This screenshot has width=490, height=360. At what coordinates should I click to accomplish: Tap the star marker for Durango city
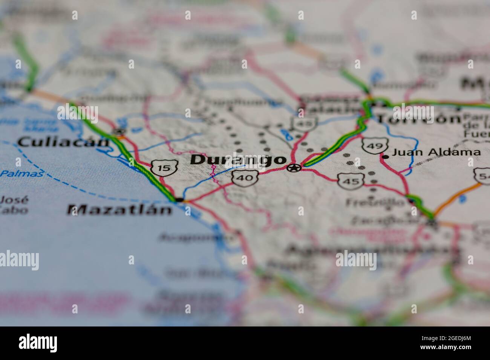pyautogui.click(x=294, y=168)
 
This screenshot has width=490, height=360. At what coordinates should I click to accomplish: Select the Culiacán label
pyautogui.click(x=63, y=142)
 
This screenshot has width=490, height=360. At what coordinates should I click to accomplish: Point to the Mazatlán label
pyautogui.click(x=119, y=209)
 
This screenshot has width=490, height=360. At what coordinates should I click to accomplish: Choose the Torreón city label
pyautogui.click(x=419, y=119)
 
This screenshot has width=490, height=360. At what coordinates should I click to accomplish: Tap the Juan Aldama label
pyautogui.click(x=436, y=153)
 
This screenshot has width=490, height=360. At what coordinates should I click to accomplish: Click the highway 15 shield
pyautogui.click(x=164, y=168)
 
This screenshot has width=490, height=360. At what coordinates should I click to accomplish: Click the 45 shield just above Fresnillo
pyautogui.click(x=351, y=181)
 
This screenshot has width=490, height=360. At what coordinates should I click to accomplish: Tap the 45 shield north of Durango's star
pyautogui.click(x=303, y=123)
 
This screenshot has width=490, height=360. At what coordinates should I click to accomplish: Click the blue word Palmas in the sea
pyautogui.click(x=21, y=173)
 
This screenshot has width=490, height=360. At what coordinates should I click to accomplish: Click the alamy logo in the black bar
pyautogui.click(x=38, y=343)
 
